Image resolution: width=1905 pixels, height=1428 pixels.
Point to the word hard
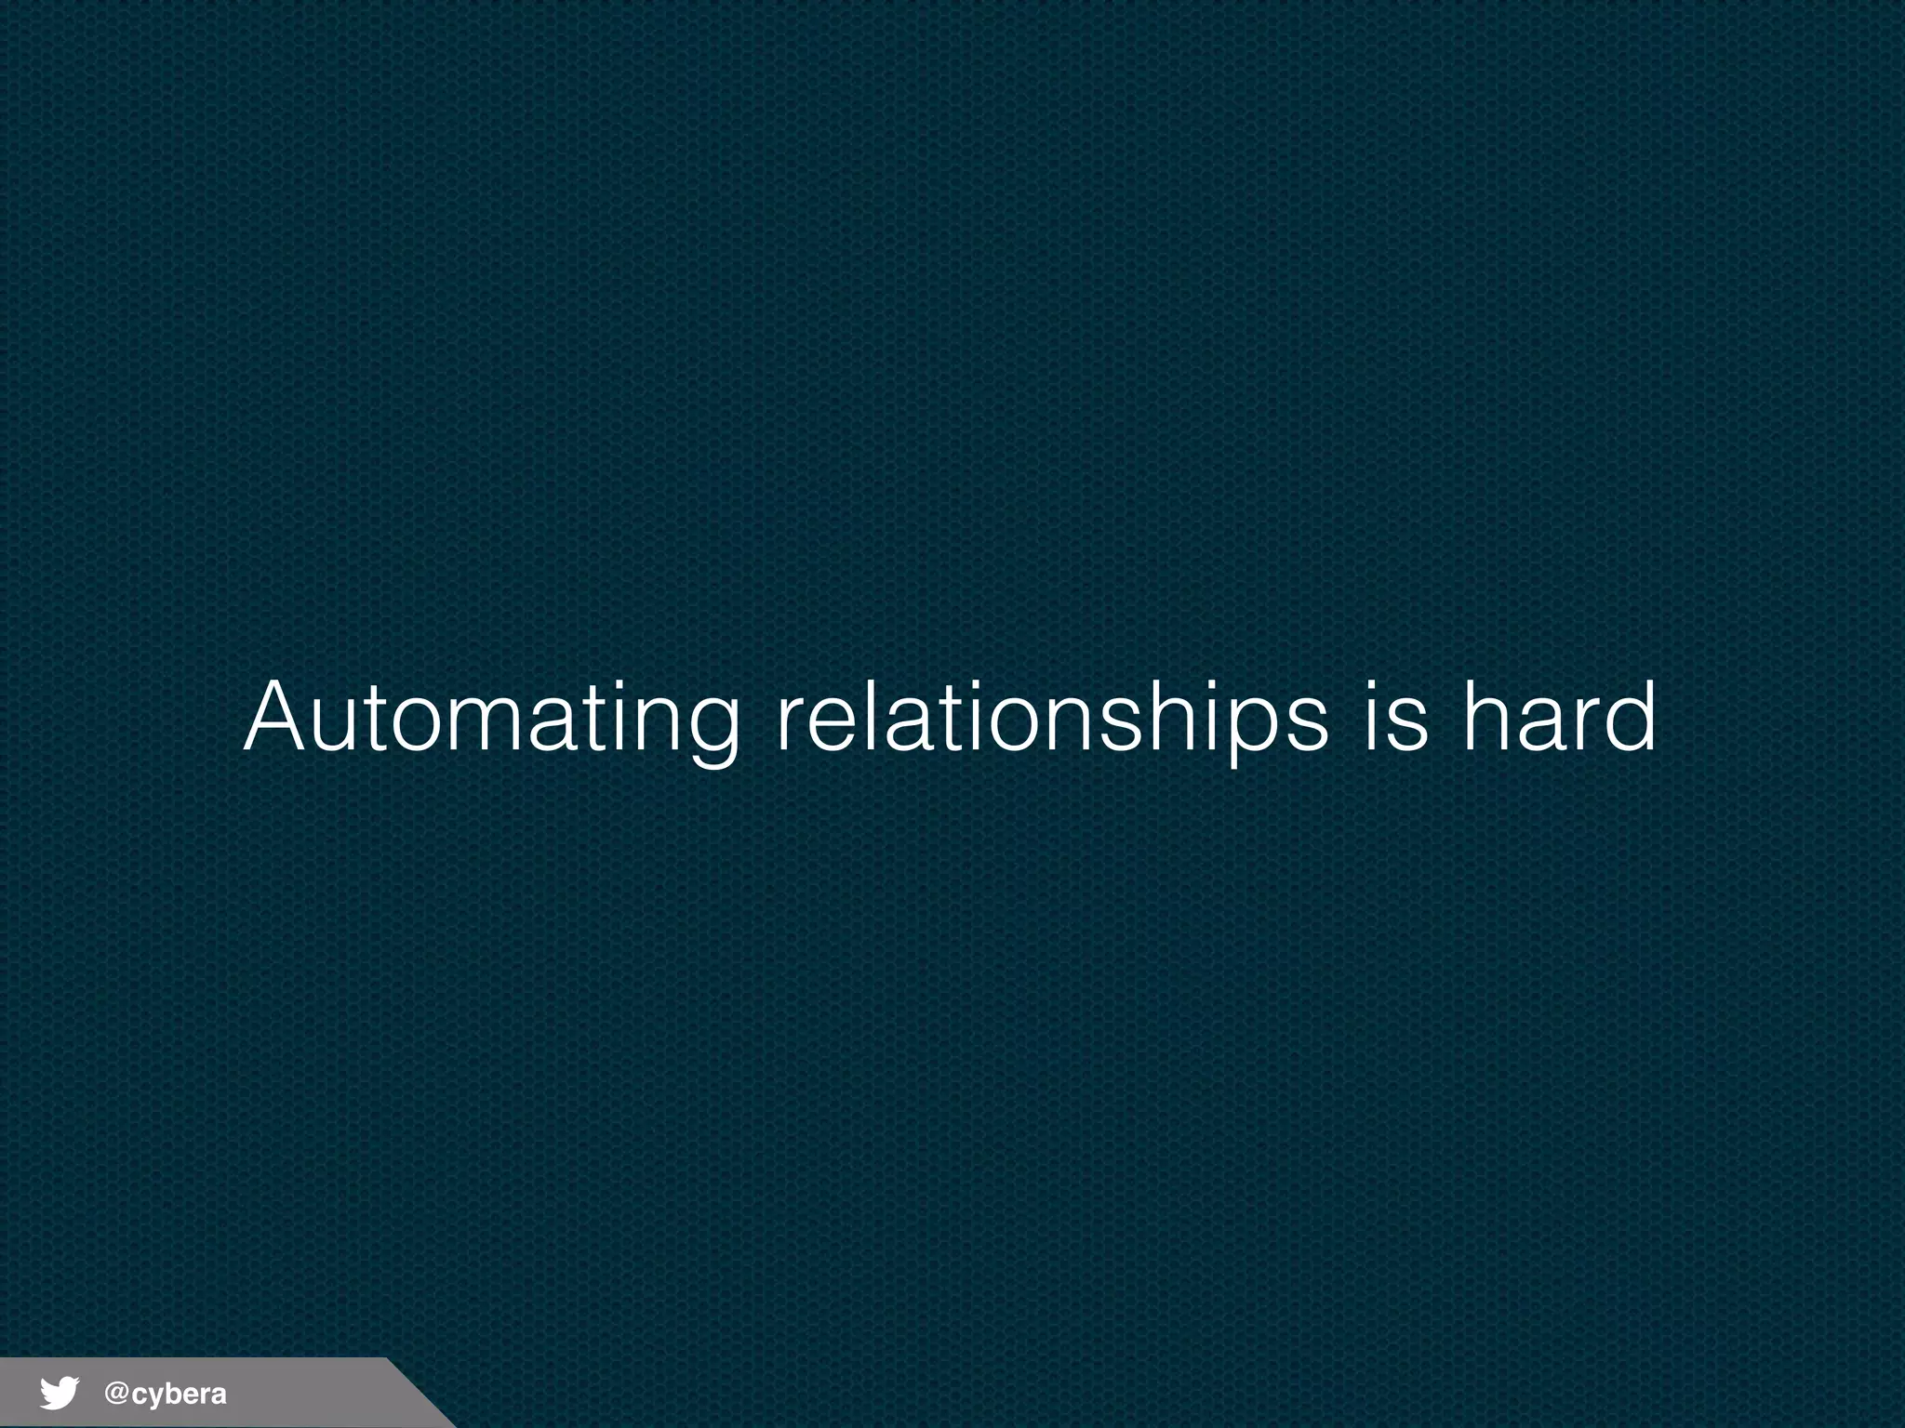(x=1559, y=718)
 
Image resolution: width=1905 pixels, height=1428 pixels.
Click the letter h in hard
(x=1488, y=718)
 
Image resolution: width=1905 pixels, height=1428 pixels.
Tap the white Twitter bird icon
(x=59, y=1394)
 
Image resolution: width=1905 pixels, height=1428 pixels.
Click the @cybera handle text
(x=166, y=1394)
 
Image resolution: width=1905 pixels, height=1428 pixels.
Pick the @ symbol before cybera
(x=116, y=1393)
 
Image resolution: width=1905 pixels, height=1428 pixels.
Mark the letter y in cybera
(x=158, y=1396)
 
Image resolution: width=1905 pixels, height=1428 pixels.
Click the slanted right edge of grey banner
(x=420, y=1393)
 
